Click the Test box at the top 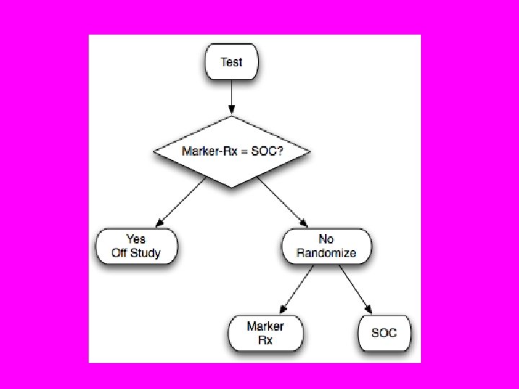coord(231,62)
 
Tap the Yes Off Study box coord(136,246)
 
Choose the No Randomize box coord(326,246)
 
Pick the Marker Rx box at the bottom coord(265,333)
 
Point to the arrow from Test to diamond coord(231,97)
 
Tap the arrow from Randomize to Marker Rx coord(296,289)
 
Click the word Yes coord(136,238)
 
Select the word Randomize coord(326,253)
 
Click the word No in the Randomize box coord(326,238)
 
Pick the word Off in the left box coord(120,253)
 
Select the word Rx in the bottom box coord(265,340)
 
